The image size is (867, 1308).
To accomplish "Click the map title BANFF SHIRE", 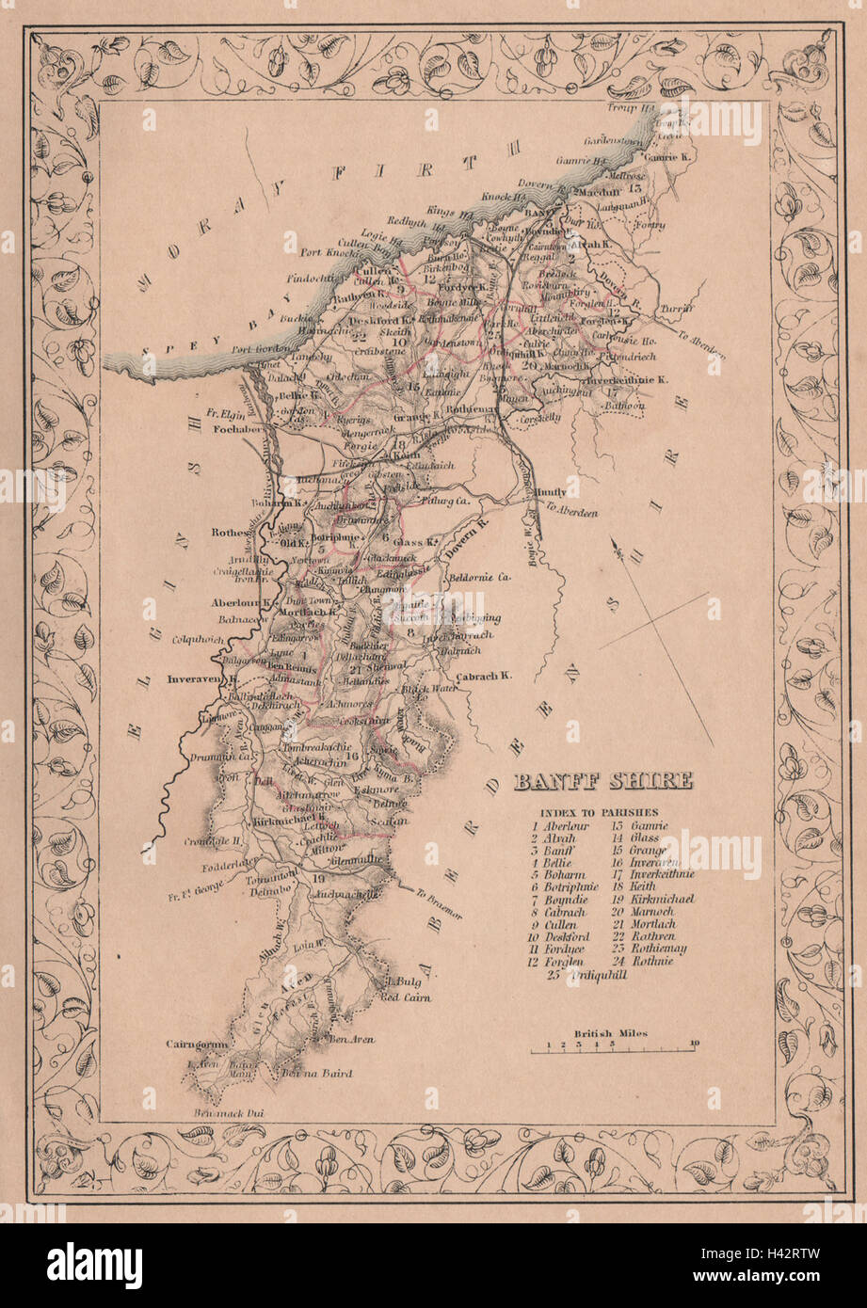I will point(602,781).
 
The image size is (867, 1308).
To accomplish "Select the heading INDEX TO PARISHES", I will point(599,811).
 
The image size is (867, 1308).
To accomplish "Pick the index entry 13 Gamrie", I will point(641,825).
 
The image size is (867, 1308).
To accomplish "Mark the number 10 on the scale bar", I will point(694,1044).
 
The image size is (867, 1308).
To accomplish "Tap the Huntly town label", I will point(552,490).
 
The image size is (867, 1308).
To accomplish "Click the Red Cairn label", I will point(407,997).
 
